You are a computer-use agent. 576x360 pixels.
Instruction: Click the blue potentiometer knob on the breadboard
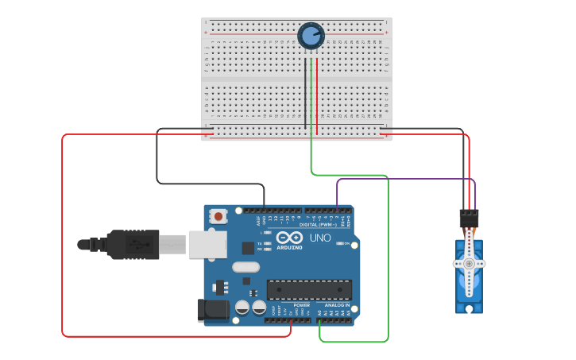point(311,36)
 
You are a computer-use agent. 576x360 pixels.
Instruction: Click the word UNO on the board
point(320,238)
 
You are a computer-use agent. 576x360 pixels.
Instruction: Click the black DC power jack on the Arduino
point(212,310)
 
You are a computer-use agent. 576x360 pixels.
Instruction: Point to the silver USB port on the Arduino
point(207,245)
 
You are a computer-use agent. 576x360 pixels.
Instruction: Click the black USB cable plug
point(132,245)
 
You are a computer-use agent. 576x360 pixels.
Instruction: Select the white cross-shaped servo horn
point(469,262)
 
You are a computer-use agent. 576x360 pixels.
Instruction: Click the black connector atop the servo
point(469,217)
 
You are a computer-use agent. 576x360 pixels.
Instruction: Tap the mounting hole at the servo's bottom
point(469,308)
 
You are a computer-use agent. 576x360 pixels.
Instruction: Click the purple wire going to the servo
point(405,179)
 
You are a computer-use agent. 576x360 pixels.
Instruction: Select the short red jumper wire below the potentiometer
point(317,95)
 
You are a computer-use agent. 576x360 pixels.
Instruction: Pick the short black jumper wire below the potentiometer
point(304,95)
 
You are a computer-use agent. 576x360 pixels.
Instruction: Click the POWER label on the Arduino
point(301,304)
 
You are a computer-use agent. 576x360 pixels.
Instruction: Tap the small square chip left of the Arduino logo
point(248,247)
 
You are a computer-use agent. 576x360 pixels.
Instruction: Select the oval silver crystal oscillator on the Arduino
point(246,267)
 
